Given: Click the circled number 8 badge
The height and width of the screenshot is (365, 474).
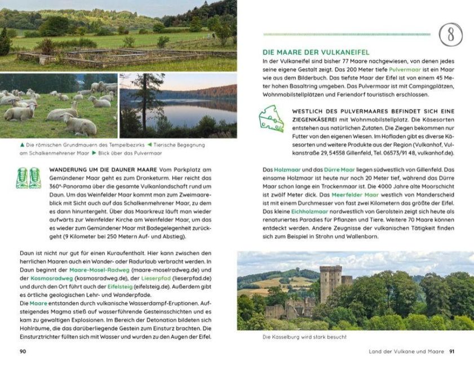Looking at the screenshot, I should tap(451, 34).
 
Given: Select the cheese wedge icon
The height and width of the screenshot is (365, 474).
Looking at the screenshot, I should tap(272, 118).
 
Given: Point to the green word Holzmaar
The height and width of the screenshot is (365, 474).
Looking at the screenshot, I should tap(286, 170).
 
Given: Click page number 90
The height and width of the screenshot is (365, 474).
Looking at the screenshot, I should tap(23, 352).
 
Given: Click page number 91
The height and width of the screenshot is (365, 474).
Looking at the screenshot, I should tap(451, 352).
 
